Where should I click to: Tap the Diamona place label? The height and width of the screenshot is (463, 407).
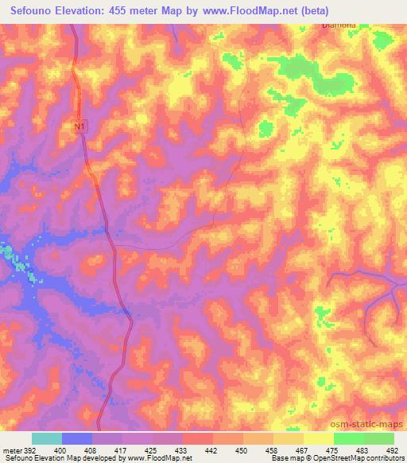coord(339,25)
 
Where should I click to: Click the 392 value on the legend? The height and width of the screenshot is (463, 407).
coord(29,450)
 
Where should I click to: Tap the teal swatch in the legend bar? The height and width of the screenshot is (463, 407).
coord(47,438)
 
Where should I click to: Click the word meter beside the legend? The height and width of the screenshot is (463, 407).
coord(11,450)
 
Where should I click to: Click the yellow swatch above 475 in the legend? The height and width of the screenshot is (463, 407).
coord(318,438)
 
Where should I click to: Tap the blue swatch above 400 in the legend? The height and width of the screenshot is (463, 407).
coord(77,438)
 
